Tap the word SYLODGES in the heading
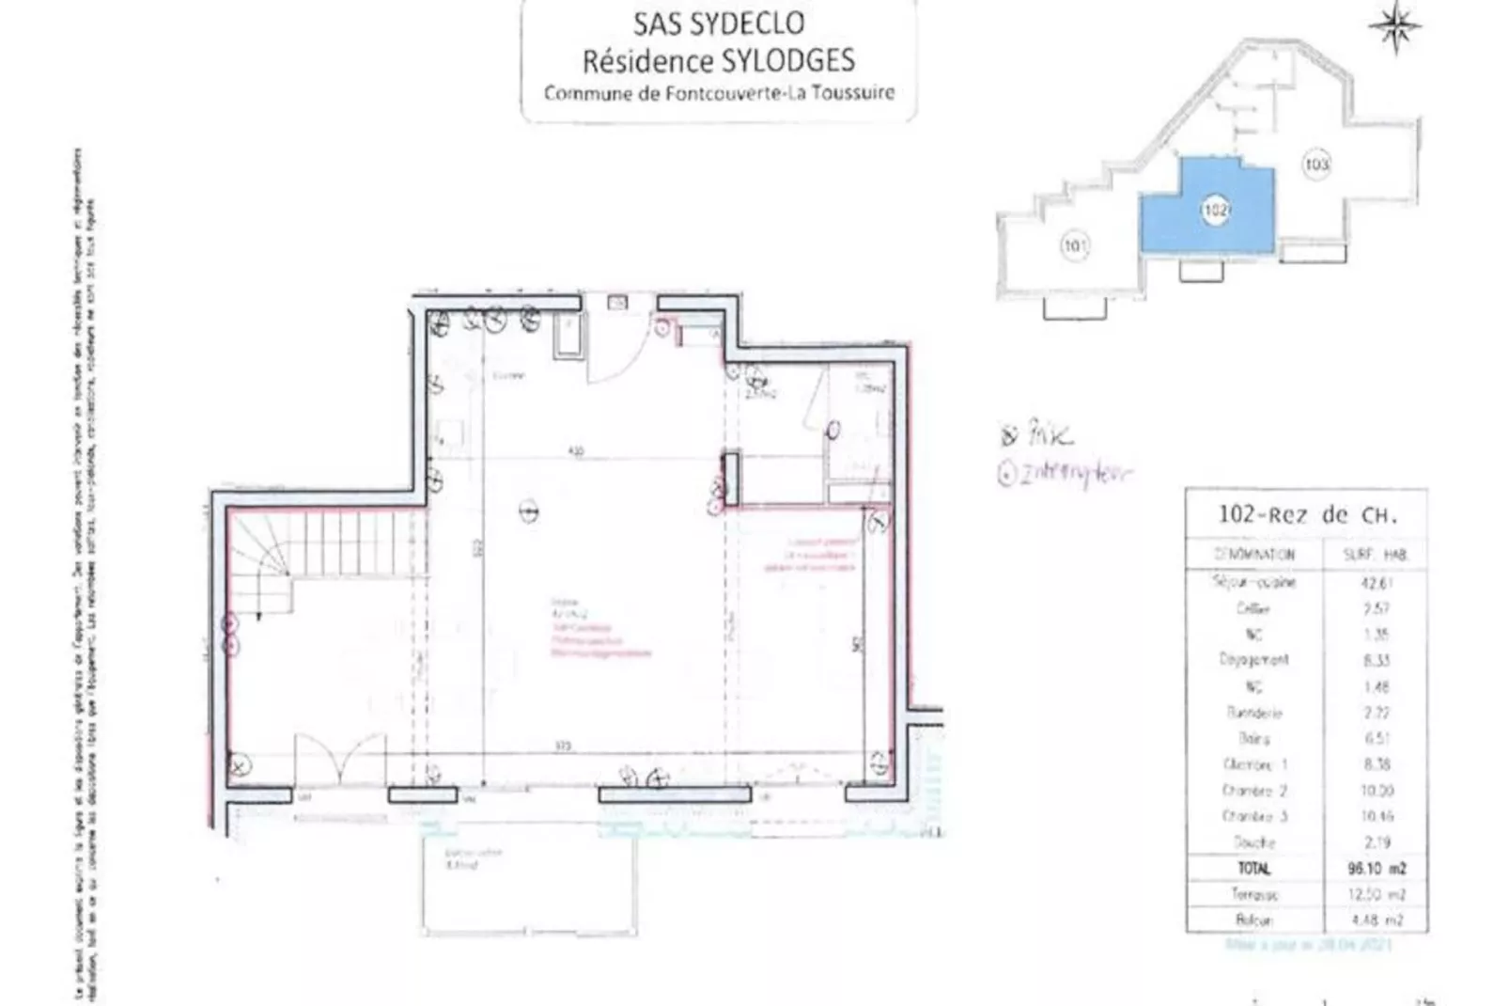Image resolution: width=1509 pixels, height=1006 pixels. pyautogui.click(x=787, y=61)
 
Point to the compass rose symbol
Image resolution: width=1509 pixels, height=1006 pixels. pyautogui.click(x=1395, y=26)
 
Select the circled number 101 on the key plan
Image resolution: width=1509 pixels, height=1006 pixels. pyautogui.click(x=1075, y=246)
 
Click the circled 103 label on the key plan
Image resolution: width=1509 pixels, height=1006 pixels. pyautogui.click(x=1316, y=165)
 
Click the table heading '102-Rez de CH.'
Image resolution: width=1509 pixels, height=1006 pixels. pyautogui.click(x=1307, y=514)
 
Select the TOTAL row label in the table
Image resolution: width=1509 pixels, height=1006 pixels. pyautogui.click(x=1253, y=868)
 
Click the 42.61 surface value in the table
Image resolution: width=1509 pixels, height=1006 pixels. pyautogui.click(x=1377, y=583)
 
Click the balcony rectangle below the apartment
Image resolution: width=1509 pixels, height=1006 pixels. pyautogui.click(x=528, y=884)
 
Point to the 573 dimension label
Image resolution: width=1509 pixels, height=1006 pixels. pyautogui.click(x=562, y=747)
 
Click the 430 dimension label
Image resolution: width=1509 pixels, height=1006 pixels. pyautogui.click(x=575, y=451)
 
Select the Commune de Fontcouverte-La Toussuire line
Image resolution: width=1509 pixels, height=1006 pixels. pyautogui.click(x=719, y=93)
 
